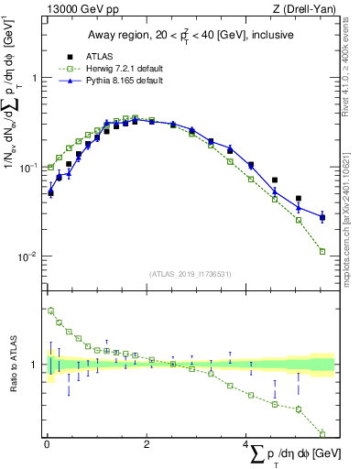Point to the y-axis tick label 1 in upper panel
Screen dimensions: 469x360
pos(34,78)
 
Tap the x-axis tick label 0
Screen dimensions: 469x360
pos(47,444)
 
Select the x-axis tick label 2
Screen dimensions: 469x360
pos(147,444)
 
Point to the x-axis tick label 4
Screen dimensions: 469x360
pos(245,444)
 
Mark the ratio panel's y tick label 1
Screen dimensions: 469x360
pos(34,365)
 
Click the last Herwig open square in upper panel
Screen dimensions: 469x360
pos(322,251)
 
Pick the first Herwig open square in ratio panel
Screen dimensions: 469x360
pos(50,311)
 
